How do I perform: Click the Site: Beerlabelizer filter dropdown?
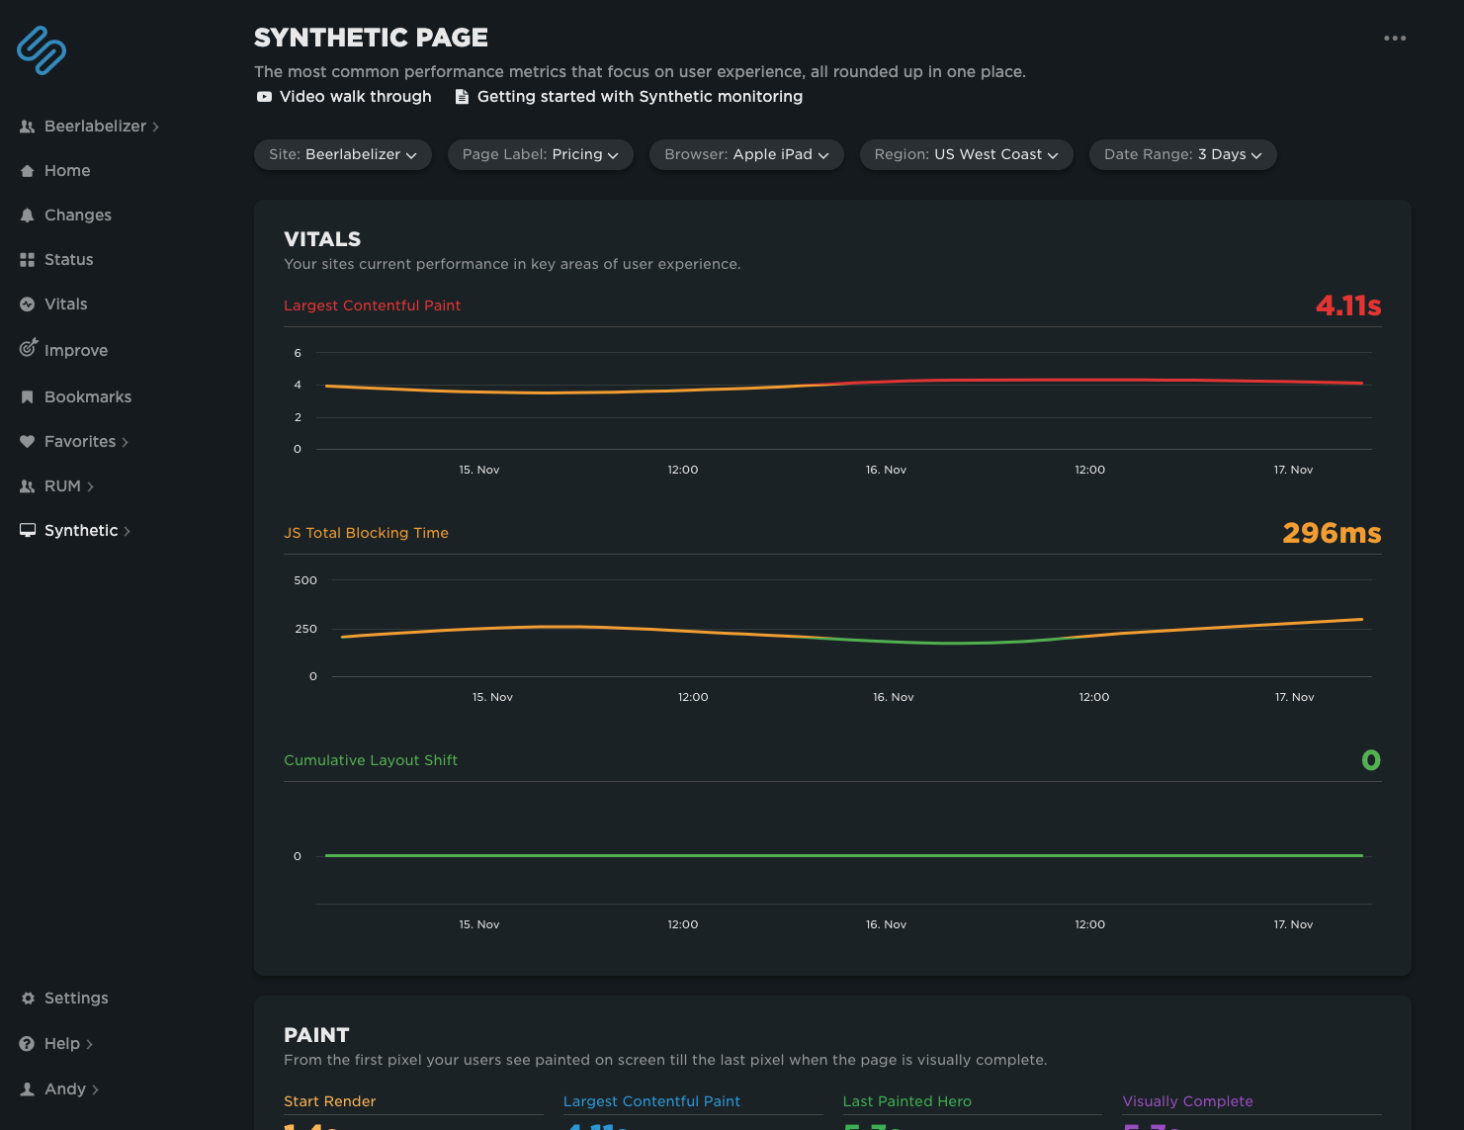342,154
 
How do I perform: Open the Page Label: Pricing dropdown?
540,154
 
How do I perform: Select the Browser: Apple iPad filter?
746,154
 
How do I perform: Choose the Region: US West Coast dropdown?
966,154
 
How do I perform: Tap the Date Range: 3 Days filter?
1182,154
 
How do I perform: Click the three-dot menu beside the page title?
1395,39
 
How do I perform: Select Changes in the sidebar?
77,216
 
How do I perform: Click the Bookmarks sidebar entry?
87,397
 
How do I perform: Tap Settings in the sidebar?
75,999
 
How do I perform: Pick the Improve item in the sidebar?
75,351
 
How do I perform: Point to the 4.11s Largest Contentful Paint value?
1347,305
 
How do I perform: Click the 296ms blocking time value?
1331,533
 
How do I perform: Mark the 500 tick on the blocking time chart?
305,580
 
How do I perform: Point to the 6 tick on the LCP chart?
298,353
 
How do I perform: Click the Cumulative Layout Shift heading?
371,760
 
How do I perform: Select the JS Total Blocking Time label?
366,533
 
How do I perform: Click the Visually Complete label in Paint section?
1187,1101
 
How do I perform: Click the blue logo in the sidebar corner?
42,50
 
